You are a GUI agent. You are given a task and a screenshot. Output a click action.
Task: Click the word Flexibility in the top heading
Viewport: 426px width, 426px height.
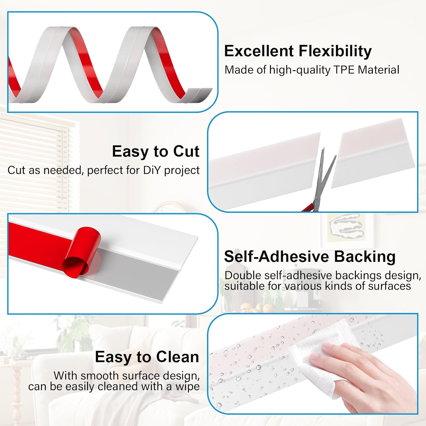[335, 51]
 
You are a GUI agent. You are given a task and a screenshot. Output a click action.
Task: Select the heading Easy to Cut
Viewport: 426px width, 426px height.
[156, 151]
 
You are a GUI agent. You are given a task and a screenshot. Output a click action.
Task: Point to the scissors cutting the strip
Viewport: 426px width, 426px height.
[319, 182]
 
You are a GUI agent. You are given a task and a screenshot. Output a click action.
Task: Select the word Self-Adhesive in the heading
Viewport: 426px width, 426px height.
[275, 256]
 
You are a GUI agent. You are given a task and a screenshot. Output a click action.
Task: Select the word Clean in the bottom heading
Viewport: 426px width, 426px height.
[177, 357]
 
